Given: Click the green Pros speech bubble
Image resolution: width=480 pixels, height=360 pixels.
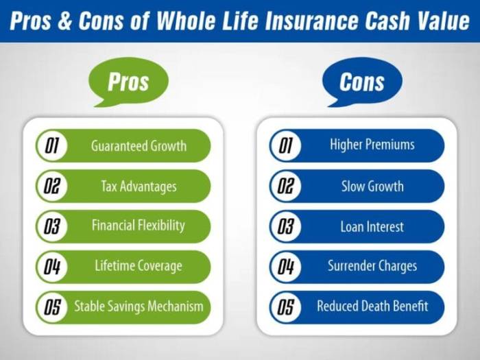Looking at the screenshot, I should click(128, 81).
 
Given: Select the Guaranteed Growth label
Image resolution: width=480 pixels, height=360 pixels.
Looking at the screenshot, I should click(139, 146).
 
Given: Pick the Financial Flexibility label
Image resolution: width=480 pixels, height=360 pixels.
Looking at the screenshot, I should click(139, 226).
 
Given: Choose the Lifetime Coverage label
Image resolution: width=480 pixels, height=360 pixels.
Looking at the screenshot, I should click(139, 266).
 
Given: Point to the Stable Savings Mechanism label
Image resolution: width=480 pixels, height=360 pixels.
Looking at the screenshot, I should click(139, 306).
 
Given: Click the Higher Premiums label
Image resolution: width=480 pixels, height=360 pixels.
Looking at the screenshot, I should click(372, 145).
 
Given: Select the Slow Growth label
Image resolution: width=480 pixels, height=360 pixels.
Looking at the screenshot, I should click(372, 186).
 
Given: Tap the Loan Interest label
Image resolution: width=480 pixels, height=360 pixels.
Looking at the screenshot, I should click(372, 226).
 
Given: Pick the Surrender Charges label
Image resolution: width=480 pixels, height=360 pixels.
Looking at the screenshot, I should click(372, 266).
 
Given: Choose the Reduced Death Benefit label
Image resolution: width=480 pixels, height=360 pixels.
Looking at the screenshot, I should click(372, 306).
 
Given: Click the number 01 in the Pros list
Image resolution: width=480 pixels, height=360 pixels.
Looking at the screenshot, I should click(52, 146).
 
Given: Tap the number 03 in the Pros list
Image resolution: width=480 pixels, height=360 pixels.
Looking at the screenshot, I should click(52, 226).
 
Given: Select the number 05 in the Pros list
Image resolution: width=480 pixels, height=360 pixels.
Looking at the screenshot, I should click(52, 307).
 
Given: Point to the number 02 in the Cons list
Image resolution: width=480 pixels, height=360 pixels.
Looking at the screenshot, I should click(286, 186).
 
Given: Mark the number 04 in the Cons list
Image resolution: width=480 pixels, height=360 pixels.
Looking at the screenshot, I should click(286, 267).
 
